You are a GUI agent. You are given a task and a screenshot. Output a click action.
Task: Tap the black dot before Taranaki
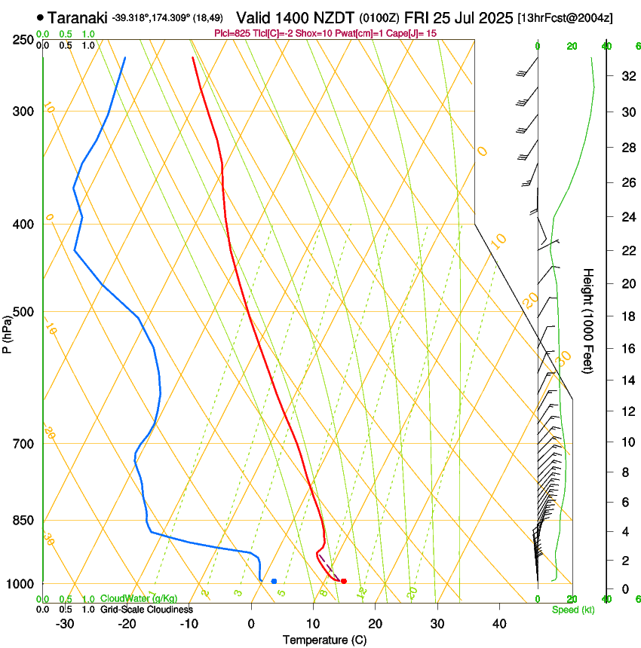(40, 17)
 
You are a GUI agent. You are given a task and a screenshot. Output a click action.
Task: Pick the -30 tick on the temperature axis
(65, 624)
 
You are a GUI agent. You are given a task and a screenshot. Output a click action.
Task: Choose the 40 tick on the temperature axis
(498, 624)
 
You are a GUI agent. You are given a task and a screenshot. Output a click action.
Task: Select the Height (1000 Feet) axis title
(589, 321)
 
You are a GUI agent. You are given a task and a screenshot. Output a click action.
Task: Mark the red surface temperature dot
(344, 581)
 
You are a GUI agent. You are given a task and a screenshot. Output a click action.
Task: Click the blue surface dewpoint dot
(274, 581)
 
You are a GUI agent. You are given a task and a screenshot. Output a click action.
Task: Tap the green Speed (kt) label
(572, 610)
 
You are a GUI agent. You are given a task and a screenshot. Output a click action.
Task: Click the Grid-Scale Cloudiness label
(146, 610)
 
